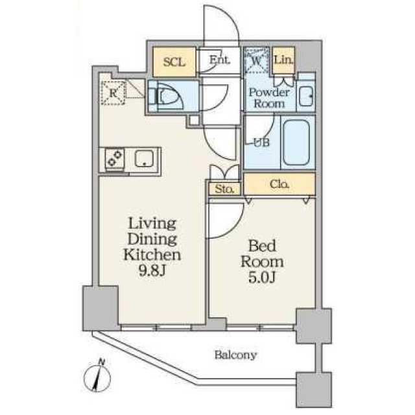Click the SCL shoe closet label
174,62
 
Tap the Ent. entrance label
220,60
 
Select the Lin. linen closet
283,60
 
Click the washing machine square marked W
257,60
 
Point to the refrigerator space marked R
113,93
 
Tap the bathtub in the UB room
296,143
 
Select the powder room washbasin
306,96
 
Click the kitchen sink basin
144,158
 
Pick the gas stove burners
115,158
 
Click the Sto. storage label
224,189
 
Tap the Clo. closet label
279,184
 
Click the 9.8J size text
152,270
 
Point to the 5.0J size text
262,278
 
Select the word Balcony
235,355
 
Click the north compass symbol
97,376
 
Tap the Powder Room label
269,98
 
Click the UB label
262,143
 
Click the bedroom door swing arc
235,228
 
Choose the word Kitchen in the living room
152,254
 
